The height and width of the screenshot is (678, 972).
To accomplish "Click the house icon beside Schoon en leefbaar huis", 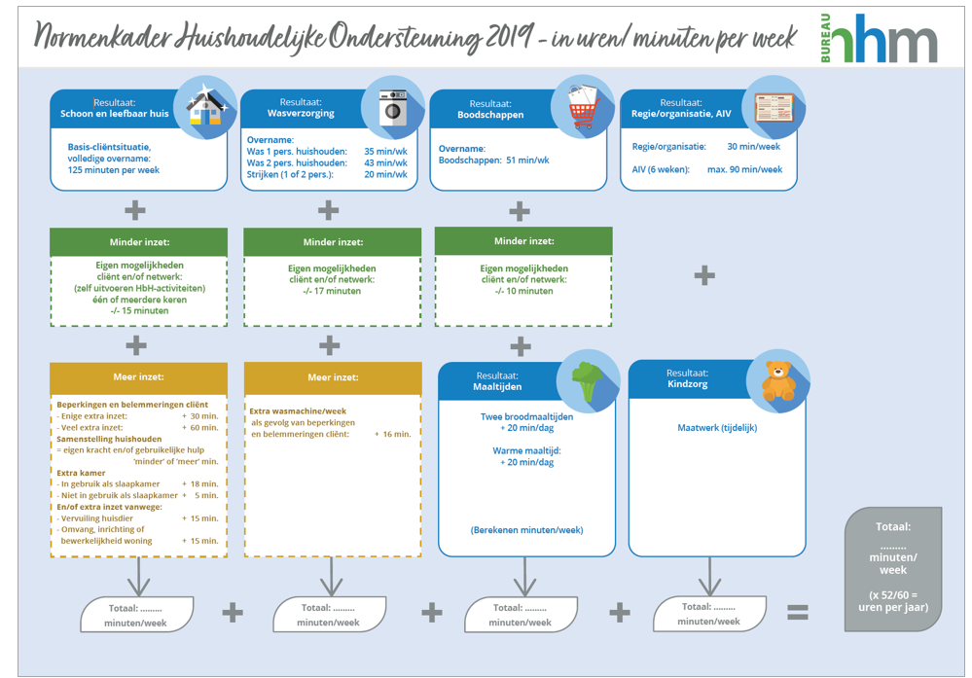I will [204, 108].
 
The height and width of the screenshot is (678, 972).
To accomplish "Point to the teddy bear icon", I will [777, 379].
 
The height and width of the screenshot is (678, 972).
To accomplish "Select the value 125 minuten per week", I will [107, 170].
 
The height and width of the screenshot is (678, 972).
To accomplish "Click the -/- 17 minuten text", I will [332, 291].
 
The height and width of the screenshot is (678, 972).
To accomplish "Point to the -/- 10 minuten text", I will [523, 291].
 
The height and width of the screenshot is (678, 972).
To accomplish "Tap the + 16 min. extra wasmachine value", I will [392, 434].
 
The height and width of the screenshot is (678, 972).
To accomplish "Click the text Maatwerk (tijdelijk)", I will [717, 427].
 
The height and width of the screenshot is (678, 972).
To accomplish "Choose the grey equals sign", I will [797, 612].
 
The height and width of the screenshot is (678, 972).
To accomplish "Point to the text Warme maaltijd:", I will [526, 450].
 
